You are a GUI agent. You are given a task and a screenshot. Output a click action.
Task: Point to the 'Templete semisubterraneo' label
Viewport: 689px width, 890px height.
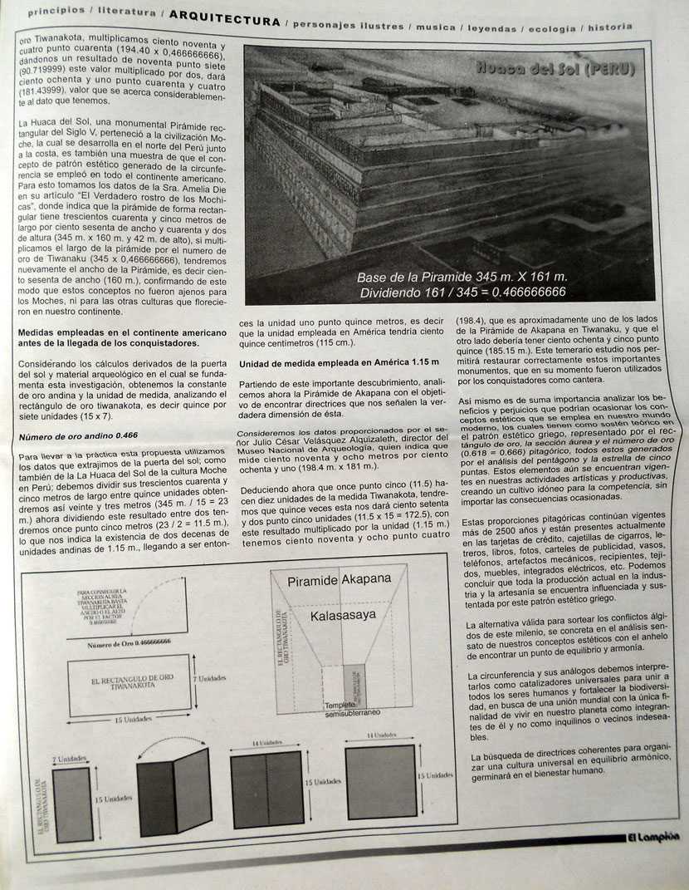pyautogui.click(x=351, y=711)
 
